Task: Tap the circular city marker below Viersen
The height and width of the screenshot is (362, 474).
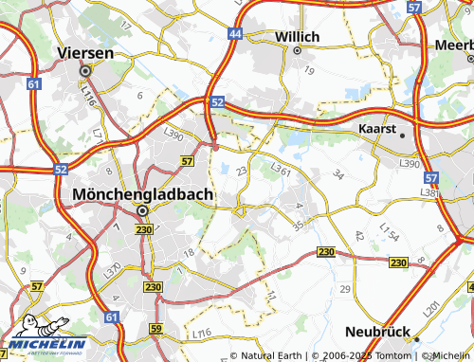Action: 85,70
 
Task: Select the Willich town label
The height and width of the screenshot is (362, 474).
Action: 270,36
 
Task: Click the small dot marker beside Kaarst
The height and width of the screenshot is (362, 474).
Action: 403,135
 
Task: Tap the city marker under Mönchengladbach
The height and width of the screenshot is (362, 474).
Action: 143,210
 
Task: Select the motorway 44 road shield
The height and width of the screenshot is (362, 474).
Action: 234,34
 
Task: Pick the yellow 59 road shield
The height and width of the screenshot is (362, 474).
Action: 156,329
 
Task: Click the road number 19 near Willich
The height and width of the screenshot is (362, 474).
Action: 309,70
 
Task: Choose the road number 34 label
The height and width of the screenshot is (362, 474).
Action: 338,174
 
